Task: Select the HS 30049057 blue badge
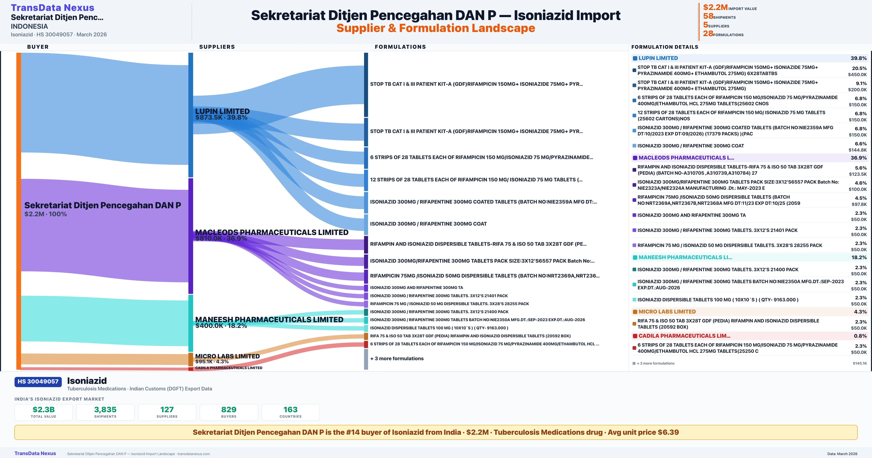(38, 381)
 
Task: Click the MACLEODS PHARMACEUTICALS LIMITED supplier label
(271, 232)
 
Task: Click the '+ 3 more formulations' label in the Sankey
(397, 358)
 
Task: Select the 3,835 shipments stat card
(105, 412)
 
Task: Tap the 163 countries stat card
(290, 412)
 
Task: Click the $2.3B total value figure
(44, 409)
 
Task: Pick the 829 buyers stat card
(229, 412)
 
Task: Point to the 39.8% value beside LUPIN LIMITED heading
(858, 58)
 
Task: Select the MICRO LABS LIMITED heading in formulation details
(667, 312)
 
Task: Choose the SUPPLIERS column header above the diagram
(217, 47)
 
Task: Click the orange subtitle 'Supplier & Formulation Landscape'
(436, 28)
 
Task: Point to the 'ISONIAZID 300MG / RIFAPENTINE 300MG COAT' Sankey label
(428, 224)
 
